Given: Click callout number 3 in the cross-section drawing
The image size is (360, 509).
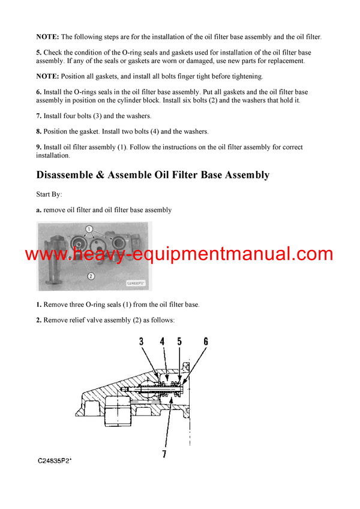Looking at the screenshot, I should tap(141, 342).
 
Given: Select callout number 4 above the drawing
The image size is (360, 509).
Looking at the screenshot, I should tap(162, 342).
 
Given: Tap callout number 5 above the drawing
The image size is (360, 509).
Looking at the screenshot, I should tap(179, 342).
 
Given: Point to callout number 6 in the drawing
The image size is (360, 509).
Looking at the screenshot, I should tap(206, 342).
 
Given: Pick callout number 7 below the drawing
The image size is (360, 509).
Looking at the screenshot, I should tap(164, 454).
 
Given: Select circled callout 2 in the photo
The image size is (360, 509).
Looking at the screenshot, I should tap(90, 276).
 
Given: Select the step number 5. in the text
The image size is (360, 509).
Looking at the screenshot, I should tap(39, 53).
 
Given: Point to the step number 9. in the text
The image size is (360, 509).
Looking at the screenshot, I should tap(39, 147).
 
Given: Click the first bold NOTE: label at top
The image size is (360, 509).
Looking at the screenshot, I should tap(47, 37).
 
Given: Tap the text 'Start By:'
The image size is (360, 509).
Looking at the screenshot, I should tap(49, 194).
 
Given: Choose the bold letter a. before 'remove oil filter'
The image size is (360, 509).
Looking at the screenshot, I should tap(39, 210).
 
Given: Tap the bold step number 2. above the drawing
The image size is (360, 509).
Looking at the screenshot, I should tap(39, 320).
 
